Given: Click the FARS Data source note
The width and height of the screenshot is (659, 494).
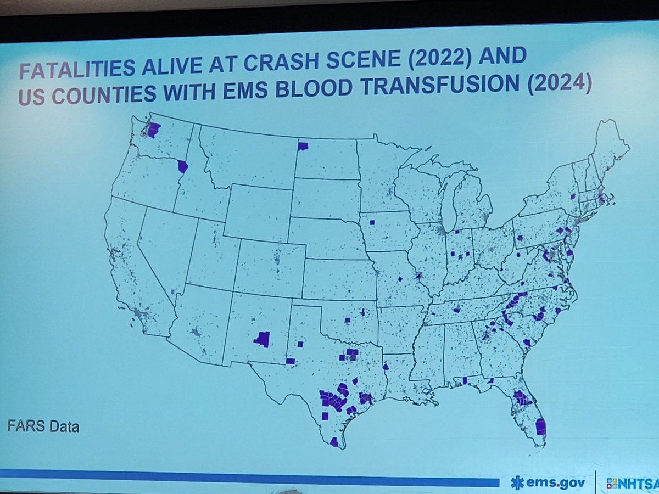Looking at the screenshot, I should pos(43,426).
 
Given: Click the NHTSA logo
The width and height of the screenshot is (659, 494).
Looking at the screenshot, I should pos(632,483).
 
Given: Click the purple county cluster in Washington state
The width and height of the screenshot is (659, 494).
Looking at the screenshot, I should pos(153,130).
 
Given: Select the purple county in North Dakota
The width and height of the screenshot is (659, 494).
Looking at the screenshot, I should pos(303,146).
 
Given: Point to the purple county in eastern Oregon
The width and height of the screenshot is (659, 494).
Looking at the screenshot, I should pos(182,166).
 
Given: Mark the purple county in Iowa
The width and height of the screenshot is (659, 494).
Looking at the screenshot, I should pos(372,222).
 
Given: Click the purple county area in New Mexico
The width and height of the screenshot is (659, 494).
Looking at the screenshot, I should pos(263,339).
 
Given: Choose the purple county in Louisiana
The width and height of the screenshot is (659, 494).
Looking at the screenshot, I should pos(386,367).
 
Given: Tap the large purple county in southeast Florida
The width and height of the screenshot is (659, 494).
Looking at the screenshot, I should pos(541,426).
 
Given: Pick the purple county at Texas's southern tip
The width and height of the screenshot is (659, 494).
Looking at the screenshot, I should pos(334,442).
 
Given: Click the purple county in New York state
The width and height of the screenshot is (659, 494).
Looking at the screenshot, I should pos(572,196).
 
